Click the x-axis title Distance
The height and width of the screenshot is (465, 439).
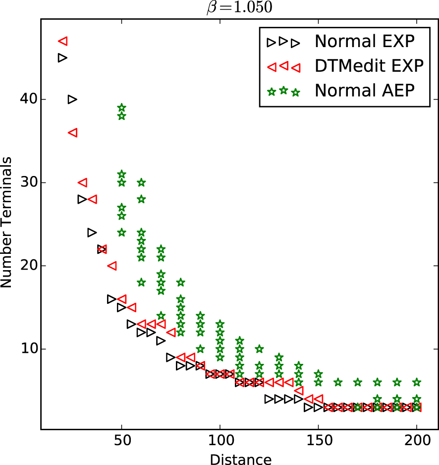coord(240,459)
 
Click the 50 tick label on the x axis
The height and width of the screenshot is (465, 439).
coord(122,441)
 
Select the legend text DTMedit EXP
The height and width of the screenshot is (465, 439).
coord(369,66)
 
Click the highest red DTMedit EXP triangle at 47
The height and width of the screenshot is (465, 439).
coord(63,41)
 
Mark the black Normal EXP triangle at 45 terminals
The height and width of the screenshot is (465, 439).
coord(62,58)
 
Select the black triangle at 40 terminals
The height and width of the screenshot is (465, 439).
coord(72,100)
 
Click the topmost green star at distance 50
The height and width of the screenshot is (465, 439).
coord(122,108)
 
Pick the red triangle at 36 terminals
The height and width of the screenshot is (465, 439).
coord(73,133)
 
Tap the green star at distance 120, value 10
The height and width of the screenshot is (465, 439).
coord(259,349)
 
